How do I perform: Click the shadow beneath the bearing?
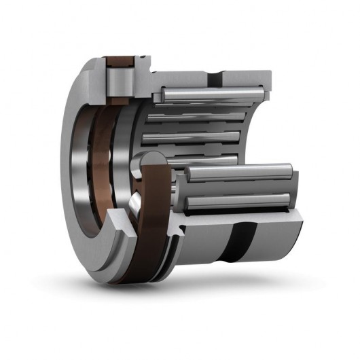click(204, 285)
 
